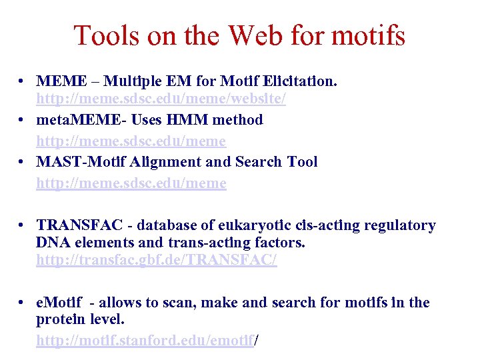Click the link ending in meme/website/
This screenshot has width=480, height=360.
pos(161,99)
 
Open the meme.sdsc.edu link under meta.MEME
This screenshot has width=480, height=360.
pos(131,141)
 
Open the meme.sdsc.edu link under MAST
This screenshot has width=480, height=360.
pos(131,183)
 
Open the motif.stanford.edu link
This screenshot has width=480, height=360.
pos(145,340)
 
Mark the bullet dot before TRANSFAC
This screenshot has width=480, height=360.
pos(22,226)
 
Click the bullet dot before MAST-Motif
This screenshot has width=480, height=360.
pos(22,163)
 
